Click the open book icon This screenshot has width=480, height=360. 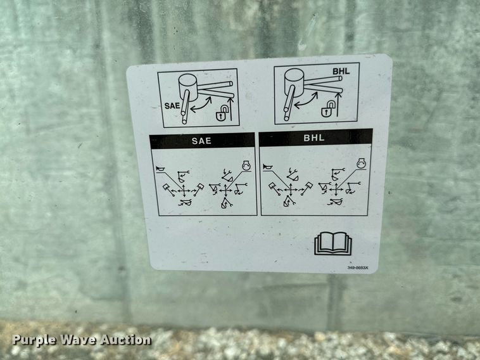pos(332,243)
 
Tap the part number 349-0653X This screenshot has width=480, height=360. pos(358,267)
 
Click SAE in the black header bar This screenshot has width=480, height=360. pos(202,141)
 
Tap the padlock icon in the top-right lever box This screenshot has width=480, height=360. pos(325,111)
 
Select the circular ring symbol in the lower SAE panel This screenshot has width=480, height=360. pos(244,165)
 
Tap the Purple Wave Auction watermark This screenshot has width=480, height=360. pos(82,340)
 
